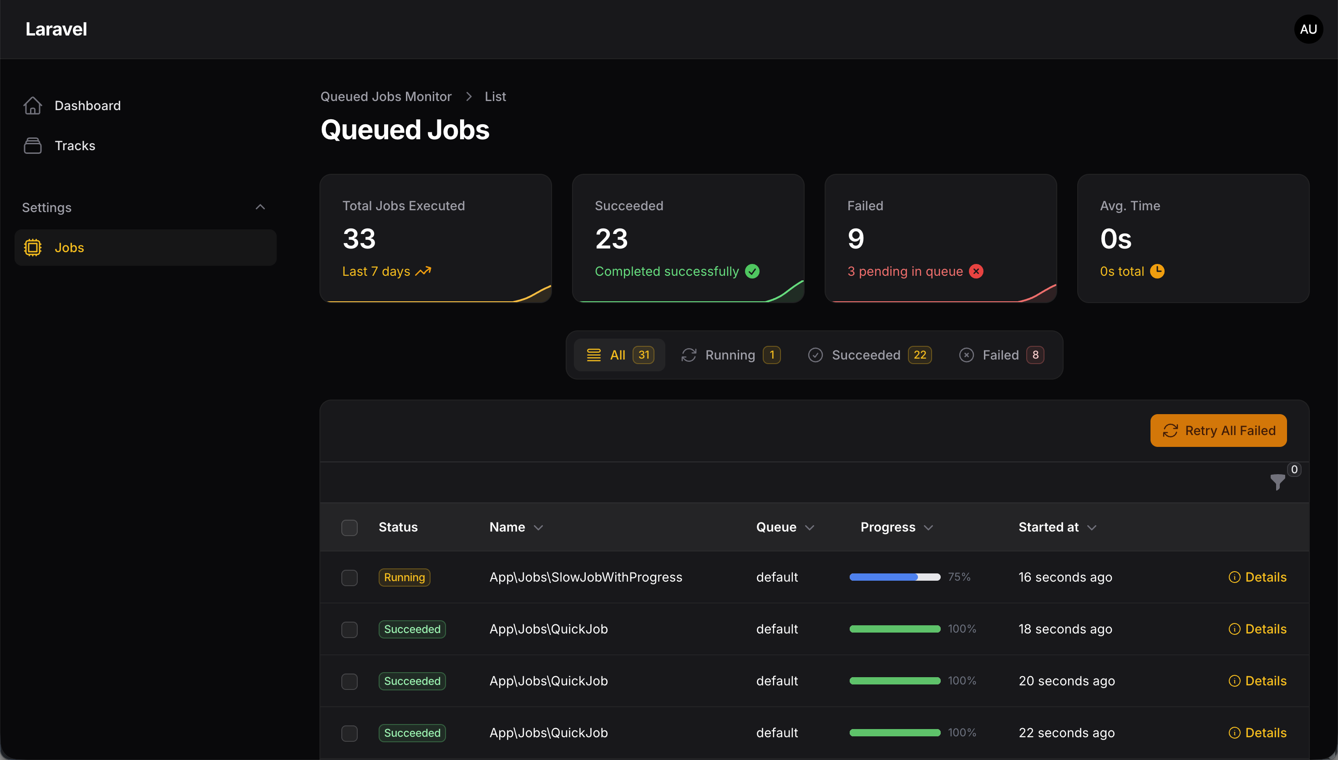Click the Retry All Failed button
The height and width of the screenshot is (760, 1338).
coord(1218,431)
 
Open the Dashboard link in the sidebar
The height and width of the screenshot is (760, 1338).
coord(87,106)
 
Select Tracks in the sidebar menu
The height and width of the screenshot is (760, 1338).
coord(75,146)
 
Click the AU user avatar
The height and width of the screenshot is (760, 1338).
coord(1308,29)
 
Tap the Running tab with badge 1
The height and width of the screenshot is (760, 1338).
coord(730,355)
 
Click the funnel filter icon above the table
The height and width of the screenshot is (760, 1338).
coord(1277,482)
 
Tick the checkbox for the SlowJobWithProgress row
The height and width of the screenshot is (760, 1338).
coord(349,578)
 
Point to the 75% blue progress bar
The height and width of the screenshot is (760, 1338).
coord(894,578)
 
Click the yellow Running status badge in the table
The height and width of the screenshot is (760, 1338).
coord(405,578)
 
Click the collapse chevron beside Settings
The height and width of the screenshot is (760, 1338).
coord(260,207)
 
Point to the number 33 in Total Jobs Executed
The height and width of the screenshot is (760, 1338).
coord(359,239)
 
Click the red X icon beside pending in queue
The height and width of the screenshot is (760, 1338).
coord(976,271)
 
